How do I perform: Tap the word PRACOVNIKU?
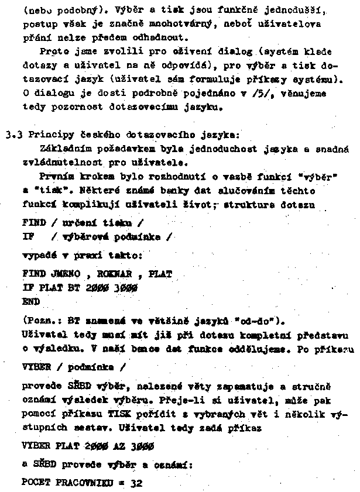click(x=84, y=485)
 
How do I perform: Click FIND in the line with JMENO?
click(x=33, y=273)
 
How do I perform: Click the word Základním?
click(x=64, y=149)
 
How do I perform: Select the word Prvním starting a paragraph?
click(x=56, y=177)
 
